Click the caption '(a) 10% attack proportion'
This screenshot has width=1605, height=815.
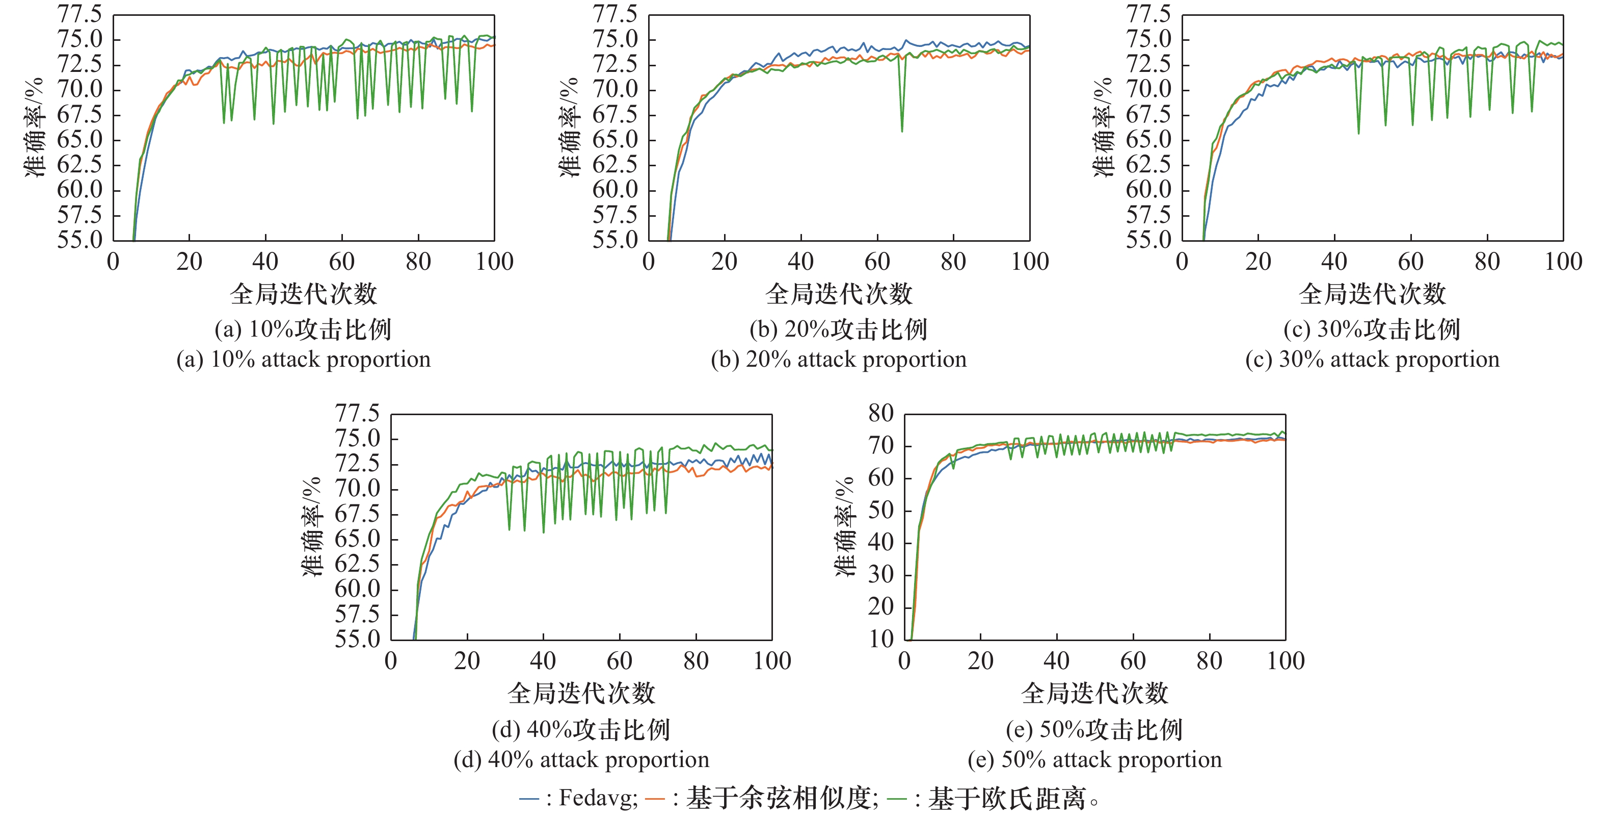(304, 360)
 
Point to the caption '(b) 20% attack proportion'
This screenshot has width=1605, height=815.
(839, 360)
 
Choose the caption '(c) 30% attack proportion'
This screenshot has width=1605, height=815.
(1373, 360)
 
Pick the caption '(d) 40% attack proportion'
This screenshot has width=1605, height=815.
(581, 759)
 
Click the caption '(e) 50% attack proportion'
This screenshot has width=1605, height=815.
(1095, 759)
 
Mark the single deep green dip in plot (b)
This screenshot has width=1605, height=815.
(901, 128)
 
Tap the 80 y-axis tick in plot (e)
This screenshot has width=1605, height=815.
(881, 414)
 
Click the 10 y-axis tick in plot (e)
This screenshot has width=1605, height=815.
(881, 639)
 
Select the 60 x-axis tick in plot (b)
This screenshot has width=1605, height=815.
(877, 261)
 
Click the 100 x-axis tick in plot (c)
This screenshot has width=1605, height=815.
(1563, 261)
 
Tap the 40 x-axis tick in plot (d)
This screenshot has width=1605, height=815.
(543, 661)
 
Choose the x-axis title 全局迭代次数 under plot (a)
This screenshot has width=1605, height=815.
(304, 294)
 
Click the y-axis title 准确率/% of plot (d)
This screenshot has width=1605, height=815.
(311, 527)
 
